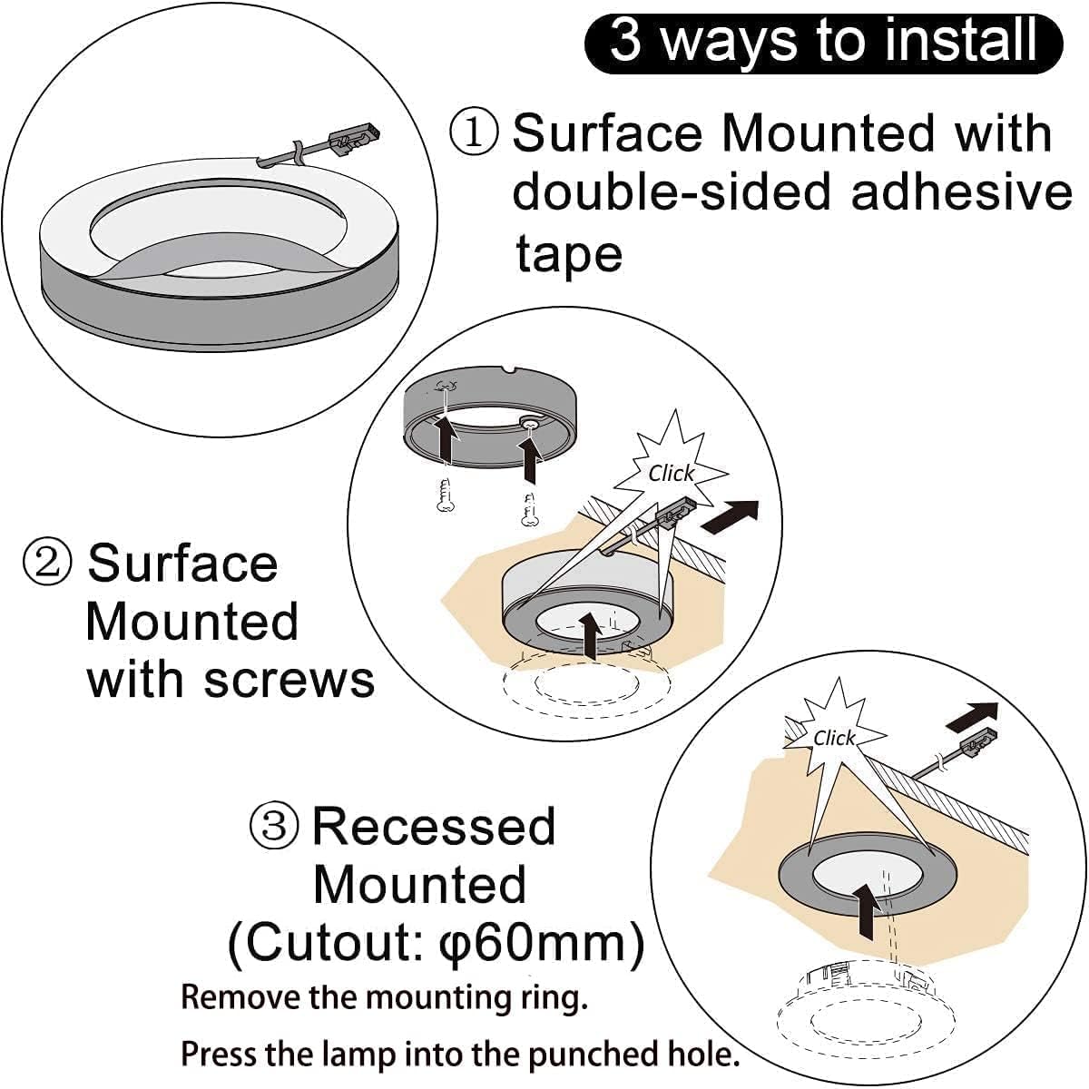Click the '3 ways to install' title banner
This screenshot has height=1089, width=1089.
pos(823,43)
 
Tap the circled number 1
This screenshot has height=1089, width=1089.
pos(474,132)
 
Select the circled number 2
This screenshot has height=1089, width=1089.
pos(46,563)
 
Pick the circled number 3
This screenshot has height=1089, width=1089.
pos(273,826)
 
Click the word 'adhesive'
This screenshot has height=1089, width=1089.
pos(961,192)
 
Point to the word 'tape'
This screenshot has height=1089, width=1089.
pos(569,254)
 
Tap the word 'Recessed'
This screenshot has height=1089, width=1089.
pos(434,826)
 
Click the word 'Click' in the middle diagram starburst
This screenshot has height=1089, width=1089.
pos(671,473)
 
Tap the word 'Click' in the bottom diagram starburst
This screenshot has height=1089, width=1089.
pos(833,739)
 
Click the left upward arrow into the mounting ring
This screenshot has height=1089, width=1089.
pos(446,439)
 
